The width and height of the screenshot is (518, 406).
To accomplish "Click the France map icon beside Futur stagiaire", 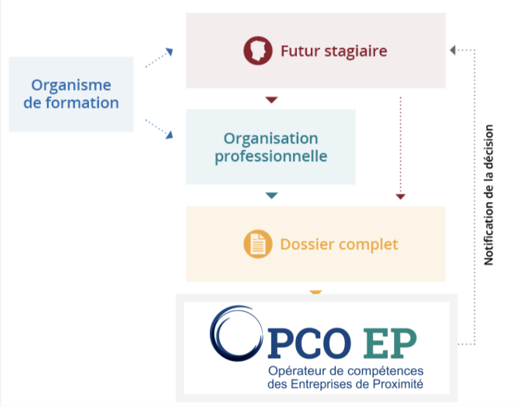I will pos(258,50).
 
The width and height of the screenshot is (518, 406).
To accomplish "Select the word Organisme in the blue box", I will pos(71,85).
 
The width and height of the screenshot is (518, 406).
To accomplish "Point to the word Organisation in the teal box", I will pos(270,138).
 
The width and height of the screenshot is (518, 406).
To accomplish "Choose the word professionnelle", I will pos(270,157).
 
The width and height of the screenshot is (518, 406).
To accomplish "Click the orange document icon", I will pos(258,243).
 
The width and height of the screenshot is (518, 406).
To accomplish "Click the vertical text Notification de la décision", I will pos(489,195).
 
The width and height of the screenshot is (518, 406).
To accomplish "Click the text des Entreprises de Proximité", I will pos(345,383).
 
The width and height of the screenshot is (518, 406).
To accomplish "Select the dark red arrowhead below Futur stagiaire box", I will pos(271,100).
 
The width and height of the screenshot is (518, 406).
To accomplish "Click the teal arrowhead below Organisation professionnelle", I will pos(271,195).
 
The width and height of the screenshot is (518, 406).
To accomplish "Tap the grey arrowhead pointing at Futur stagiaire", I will pos(454,50).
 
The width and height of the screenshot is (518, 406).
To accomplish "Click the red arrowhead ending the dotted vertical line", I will pos(400,196).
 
